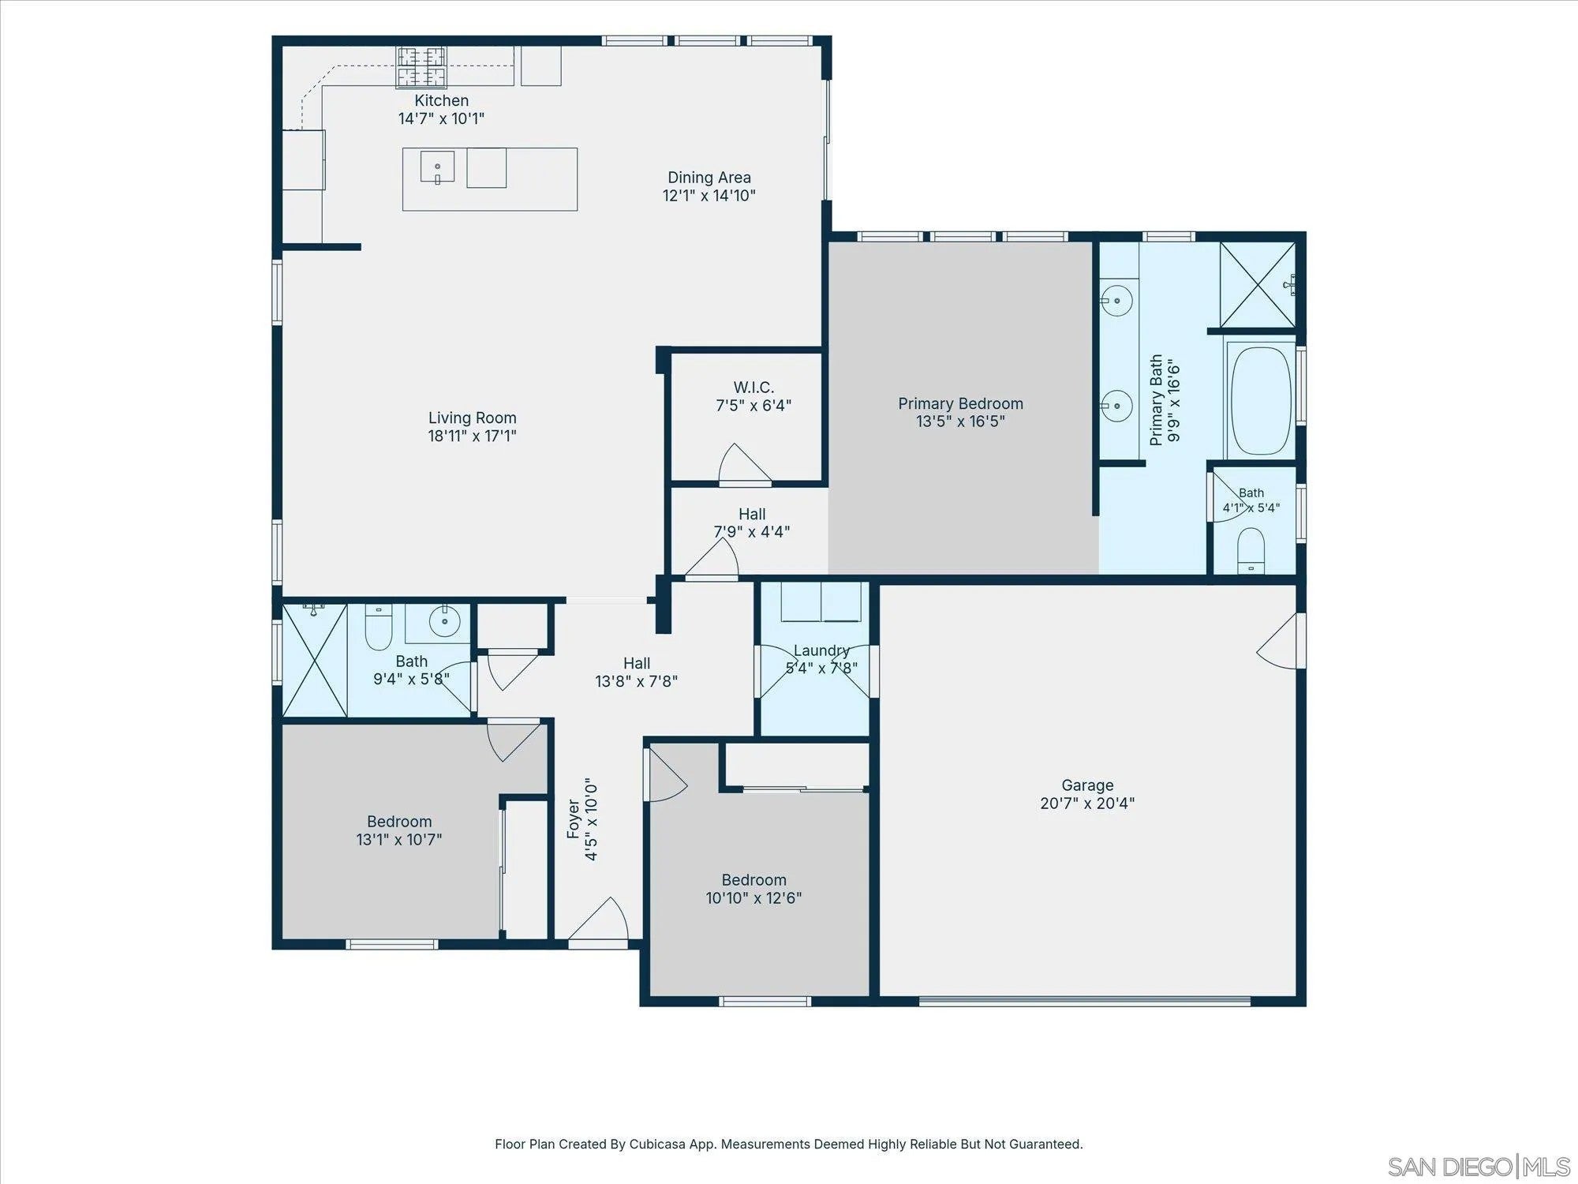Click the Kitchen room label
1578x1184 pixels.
442,101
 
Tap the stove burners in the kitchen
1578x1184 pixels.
421,66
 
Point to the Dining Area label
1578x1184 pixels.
709,178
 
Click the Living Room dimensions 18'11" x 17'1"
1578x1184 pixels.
473,436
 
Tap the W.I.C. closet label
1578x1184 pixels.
753,388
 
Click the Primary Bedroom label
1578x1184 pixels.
960,403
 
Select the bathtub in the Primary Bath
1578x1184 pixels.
1261,400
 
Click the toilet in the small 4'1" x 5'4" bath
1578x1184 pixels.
1251,551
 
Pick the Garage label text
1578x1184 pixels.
1087,785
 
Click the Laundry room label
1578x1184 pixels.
821,650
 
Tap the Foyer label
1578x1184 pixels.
574,819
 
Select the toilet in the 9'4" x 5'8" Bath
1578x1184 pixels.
379,627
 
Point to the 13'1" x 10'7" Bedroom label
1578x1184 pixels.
399,822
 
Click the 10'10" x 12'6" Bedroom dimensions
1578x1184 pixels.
753,898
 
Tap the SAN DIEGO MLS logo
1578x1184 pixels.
1479,1166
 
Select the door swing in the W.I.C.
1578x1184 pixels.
744,463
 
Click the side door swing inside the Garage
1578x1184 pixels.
1277,641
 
